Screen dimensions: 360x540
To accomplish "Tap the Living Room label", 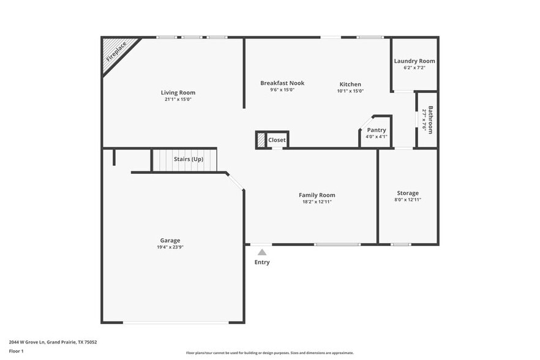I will [178, 92].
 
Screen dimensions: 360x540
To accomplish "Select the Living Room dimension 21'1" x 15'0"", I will [178, 99].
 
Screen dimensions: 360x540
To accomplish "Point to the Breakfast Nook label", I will [282, 83].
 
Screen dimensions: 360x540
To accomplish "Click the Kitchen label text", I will [350, 84].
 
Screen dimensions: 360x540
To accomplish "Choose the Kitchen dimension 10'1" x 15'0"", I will [350, 91].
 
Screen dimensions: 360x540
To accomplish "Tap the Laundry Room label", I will [414, 61].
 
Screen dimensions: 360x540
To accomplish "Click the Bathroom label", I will [430, 120].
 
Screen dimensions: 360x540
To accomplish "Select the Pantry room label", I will [377, 130].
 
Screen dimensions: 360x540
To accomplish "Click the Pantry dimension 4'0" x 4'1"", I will [377, 137].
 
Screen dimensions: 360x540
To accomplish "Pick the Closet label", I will [277, 140].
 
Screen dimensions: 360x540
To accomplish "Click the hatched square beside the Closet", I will [261, 140].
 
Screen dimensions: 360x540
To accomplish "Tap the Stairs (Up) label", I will [189, 159].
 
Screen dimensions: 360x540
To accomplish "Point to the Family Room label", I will [317, 195].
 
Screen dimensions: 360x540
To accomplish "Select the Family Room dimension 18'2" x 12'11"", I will [317, 201].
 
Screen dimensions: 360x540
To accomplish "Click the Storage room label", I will [408, 193].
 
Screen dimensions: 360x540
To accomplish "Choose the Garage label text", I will [170, 240].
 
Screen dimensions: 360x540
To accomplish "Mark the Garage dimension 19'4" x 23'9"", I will [170, 247].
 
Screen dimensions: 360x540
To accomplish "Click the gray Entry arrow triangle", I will [262, 252].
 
